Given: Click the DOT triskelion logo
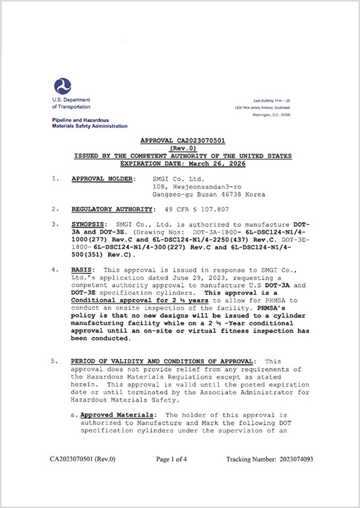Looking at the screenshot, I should coord(62,87).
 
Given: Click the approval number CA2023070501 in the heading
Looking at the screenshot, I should coord(205,141).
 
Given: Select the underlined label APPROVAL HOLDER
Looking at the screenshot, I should coord(103,179).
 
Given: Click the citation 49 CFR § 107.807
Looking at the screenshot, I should coord(197,210).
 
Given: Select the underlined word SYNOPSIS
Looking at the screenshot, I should coord(89,224).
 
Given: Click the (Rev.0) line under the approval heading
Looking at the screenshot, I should coord(181,147).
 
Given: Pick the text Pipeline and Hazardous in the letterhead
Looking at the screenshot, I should coord(79,121).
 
